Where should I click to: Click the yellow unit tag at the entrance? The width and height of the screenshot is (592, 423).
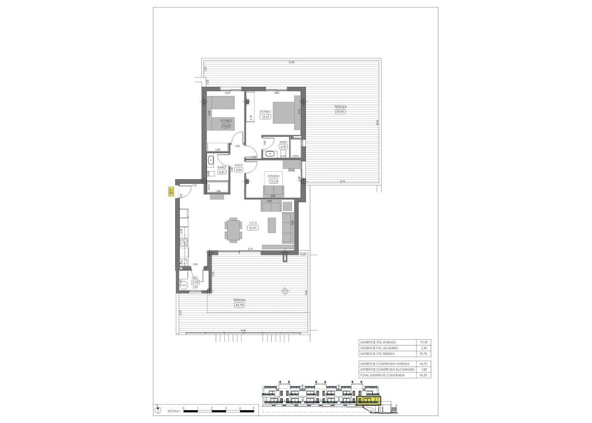pos(171,193)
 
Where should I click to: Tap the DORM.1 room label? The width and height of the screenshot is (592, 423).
pos(265,112)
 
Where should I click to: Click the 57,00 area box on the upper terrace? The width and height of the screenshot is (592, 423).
pos(340,112)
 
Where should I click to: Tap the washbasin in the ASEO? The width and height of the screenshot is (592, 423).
pos(269,154)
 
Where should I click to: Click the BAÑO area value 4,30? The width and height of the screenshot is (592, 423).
pos(221,172)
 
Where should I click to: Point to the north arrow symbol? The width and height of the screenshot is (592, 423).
pos(158,411)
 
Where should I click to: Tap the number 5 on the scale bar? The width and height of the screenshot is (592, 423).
pos(254,408)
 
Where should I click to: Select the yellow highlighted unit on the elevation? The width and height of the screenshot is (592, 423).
pos(369,399)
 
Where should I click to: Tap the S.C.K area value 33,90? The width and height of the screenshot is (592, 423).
pos(253,228)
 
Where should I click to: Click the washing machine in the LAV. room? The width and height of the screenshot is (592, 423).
pos(183,285)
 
